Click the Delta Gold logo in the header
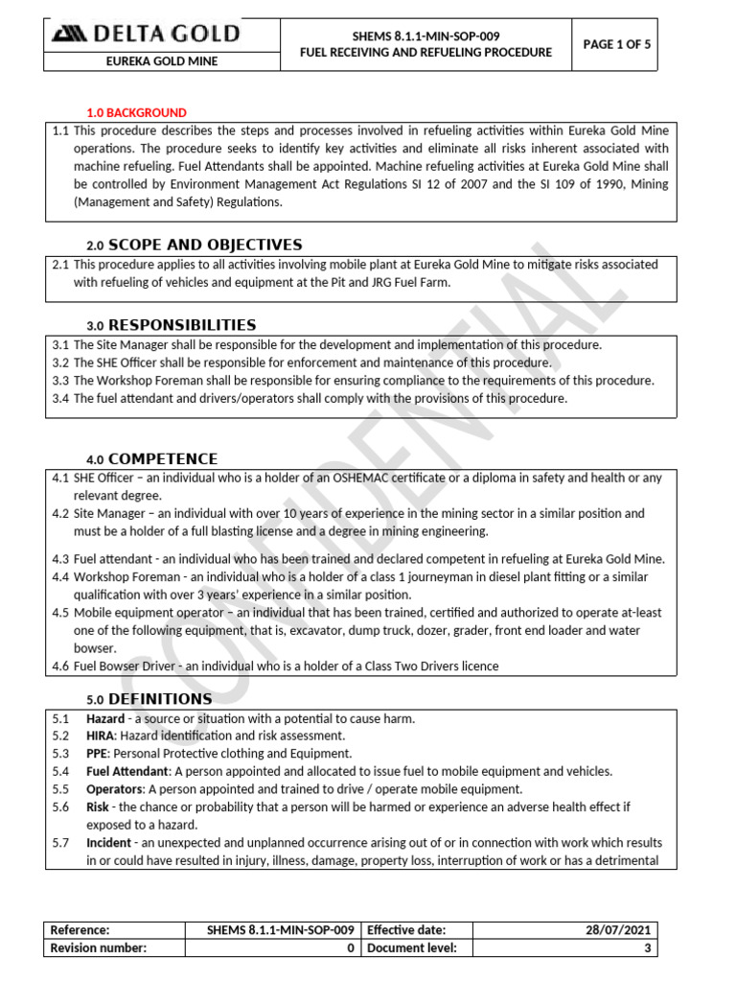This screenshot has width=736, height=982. pyautogui.click(x=147, y=35)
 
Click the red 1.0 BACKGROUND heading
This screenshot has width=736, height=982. pyautogui.click(x=137, y=113)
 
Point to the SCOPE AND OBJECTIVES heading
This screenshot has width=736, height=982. pyautogui.click(x=205, y=245)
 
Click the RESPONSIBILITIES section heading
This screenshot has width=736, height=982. pyautogui.click(x=182, y=325)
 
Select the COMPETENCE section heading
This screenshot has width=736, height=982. pyautogui.click(x=163, y=458)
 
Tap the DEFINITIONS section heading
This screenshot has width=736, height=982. pyautogui.click(x=160, y=698)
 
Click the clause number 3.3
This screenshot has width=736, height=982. pyautogui.click(x=60, y=381)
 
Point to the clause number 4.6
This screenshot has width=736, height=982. pyautogui.click(x=60, y=666)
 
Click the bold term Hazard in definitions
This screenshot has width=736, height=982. pyautogui.click(x=105, y=718)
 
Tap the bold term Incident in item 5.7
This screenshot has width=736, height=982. pyautogui.click(x=109, y=843)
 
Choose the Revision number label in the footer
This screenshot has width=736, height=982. pyautogui.click(x=98, y=947)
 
